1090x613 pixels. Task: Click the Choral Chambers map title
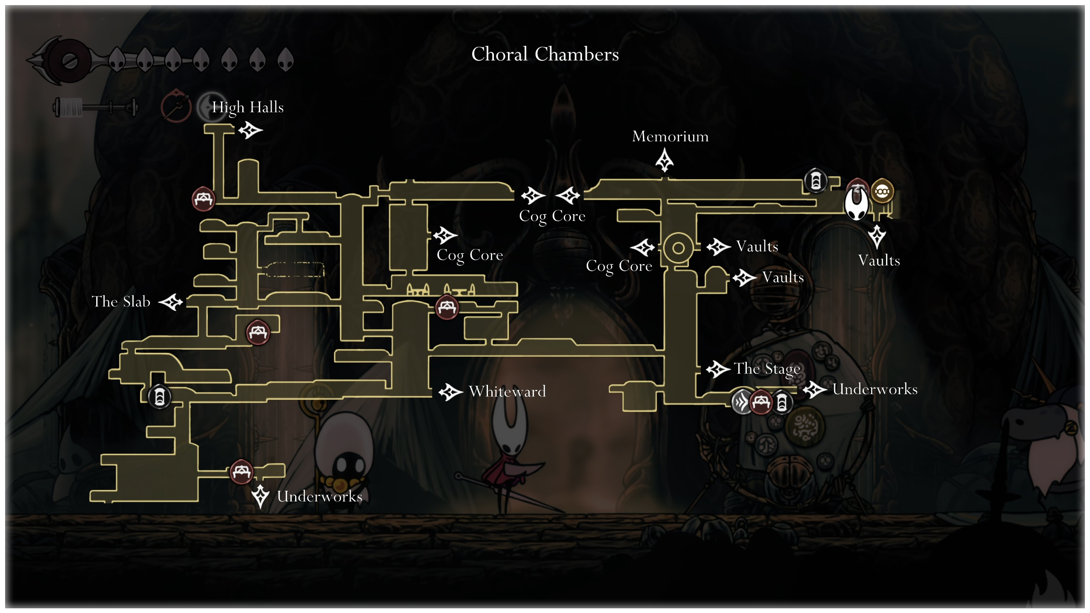[545, 54]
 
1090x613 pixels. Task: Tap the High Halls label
[248, 107]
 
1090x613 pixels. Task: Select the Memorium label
[670, 137]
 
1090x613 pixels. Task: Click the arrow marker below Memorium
[664, 160]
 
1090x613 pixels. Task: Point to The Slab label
[121, 302]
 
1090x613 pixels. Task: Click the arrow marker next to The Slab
[171, 302]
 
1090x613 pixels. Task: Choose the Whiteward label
[507, 392]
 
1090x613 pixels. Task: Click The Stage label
[767, 369]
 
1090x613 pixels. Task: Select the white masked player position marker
[856, 203]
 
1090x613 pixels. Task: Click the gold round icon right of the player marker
[882, 192]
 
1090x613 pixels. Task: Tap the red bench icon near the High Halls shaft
[203, 199]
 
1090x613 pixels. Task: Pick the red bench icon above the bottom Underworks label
[241, 472]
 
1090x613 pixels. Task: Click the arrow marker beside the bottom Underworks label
[260, 496]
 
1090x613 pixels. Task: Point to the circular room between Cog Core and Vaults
[678, 248]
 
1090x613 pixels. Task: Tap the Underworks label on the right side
[875, 390]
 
